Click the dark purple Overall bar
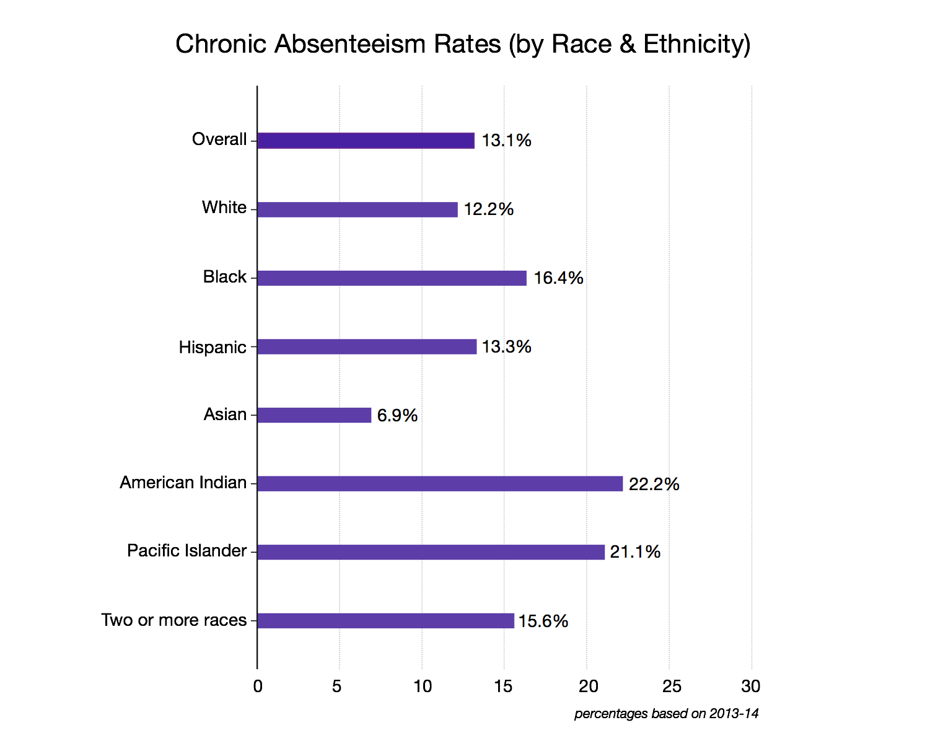[x=366, y=141]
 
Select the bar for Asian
[x=314, y=415]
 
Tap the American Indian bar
[x=440, y=484]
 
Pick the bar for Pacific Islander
[x=431, y=552]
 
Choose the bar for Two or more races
[x=385, y=621]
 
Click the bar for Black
[x=392, y=278]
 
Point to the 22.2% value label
[x=654, y=484]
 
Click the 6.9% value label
[x=397, y=415]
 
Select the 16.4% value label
[x=558, y=278]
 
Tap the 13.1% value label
[x=506, y=141]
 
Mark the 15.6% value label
[x=543, y=621]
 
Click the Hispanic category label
[x=213, y=347]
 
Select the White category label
[x=224, y=208]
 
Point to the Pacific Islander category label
[x=186, y=551]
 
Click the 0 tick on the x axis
[x=258, y=687]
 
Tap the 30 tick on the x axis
[x=751, y=687]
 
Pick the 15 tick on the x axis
[x=504, y=687]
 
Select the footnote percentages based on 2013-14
[x=666, y=714]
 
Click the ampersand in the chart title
[x=627, y=45]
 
